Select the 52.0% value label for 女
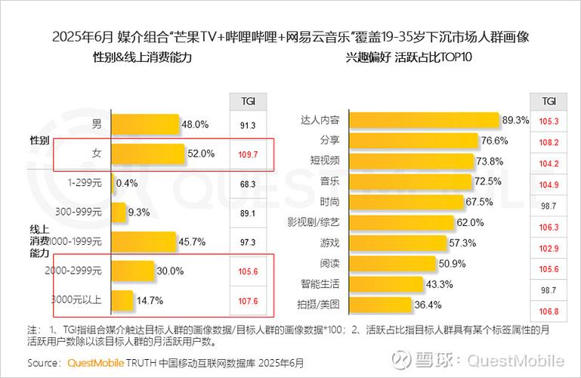pyautogui.click(x=201, y=153)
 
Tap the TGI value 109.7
pyautogui.click(x=248, y=154)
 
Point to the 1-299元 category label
pyautogui.click(x=85, y=183)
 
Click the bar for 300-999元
pyautogui.click(x=119, y=212)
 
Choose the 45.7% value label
pyautogui.click(x=192, y=241)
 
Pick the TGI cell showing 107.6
pyautogui.click(x=248, y=301)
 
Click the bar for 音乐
pyautogui.click(x=413, y=181)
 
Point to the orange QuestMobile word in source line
pyautogui.click(x=96, y=362)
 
